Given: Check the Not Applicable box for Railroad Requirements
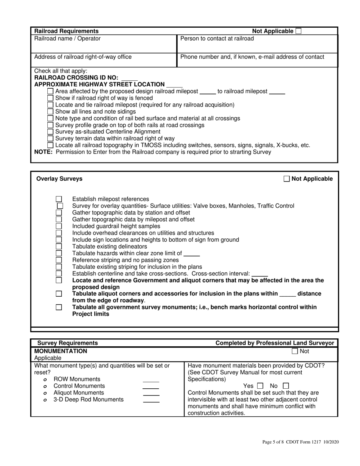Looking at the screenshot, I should click(298, 31).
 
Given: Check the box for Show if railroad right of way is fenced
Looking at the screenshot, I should click(50, 98).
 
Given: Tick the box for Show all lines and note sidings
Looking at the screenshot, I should click(50, 111).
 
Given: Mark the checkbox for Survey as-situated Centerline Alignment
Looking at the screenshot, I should click(50, 132).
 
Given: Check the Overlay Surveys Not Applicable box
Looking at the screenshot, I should click(287, 179).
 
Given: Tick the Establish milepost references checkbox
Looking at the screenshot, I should click(59, 199).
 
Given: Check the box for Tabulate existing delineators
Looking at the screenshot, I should click(59, 246).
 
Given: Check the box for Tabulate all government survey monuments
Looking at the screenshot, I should click(59, 307).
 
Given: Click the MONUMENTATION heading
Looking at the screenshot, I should click(61, 351).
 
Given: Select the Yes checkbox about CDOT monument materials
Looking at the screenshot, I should click(260, 386).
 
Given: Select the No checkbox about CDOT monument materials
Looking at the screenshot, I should click(286, 386).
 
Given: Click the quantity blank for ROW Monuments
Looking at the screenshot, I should click(151, 380).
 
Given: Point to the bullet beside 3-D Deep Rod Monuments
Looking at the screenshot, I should click(45, 400).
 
